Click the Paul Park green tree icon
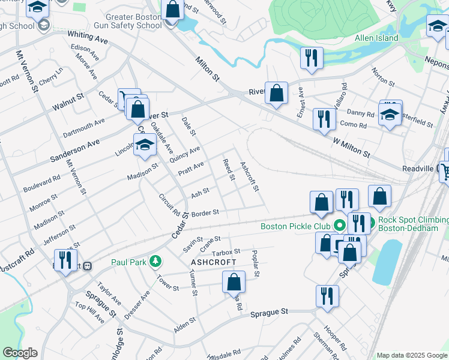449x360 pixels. (x=155, y=262)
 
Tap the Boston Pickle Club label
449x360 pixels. (x=295, y=226)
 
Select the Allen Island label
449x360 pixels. (x=376, y=38)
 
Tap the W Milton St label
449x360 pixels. (x=351, y=146)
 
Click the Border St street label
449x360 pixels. (x=205, y=213)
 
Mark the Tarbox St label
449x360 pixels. (x=226, y=251)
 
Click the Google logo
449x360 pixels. (x=19, y=353)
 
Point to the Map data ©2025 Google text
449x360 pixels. (x=411, y=355)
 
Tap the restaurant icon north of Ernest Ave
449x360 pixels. (x=311, y=58)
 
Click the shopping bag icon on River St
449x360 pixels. (x=276, y=94)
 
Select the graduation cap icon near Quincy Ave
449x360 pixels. (x=145, y=145)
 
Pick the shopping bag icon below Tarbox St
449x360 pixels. (x=234, y=282)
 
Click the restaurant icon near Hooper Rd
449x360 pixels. (x=327, y=296)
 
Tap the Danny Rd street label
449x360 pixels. (x=361, y=113)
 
